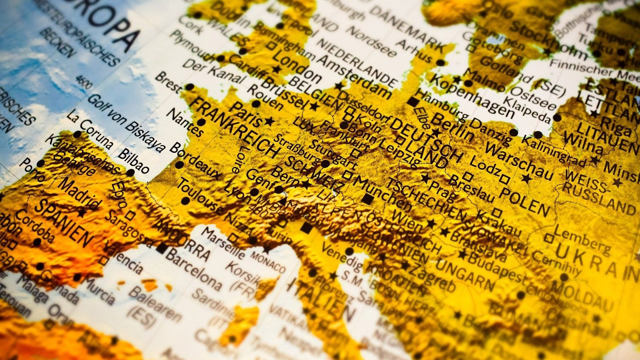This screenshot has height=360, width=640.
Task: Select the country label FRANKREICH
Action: point(234,128)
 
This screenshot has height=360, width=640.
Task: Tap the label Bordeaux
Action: point(195,160)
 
